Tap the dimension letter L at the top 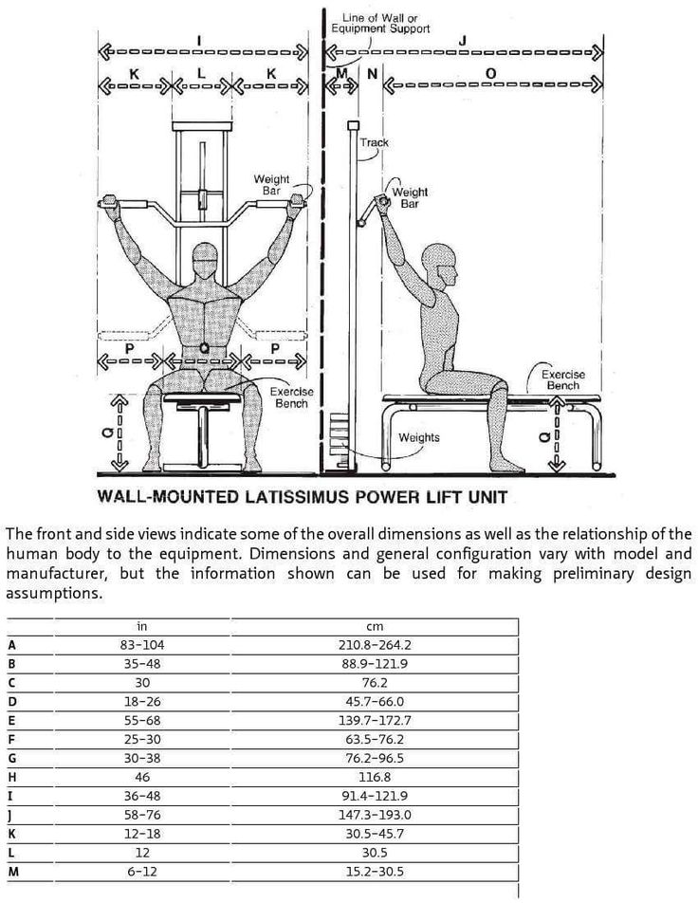tap(201, 71)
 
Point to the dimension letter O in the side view tap(490, 71)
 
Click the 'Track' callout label tap(374, 142)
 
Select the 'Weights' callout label tap(418, 438)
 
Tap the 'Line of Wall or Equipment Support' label tap(379, 23)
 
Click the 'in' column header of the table tap(142, 627)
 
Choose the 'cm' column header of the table tap(374, 627)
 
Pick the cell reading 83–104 tap(142, 645)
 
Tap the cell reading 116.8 tap(374, 776)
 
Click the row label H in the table tap(11, 776)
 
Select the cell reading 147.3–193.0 tap(374, 814)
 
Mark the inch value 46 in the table tap(142, 776)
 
